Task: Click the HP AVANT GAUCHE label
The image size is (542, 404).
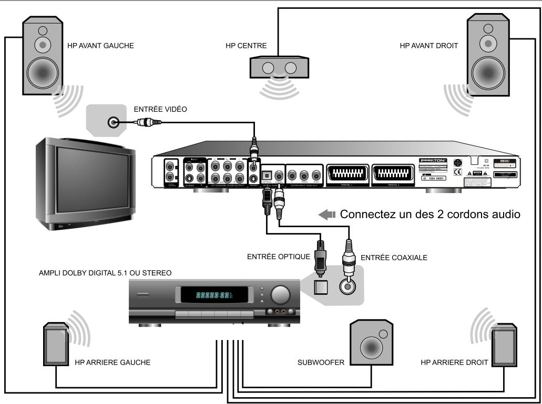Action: (x=100, y=46)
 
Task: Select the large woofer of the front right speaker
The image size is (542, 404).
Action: (x=489, y=71)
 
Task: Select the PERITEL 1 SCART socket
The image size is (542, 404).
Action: (x=347, y=173)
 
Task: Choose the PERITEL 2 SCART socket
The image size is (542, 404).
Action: (x=392, y=173)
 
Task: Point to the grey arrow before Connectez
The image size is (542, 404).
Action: (x=327, y=215)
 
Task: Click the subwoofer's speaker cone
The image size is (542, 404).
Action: (x=372, y=347)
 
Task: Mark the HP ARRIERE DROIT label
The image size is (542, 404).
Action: (x=455, y=363)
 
